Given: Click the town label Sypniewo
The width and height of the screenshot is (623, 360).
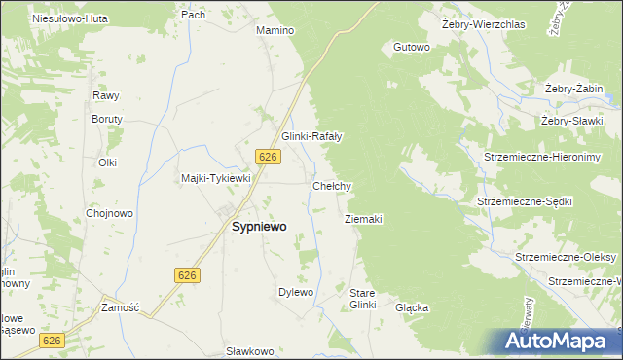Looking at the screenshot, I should (x=258, y=226).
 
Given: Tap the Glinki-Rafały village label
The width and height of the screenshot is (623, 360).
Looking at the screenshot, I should (x=311, y=136).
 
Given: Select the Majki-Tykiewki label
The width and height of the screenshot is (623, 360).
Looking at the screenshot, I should (x=216, y=178).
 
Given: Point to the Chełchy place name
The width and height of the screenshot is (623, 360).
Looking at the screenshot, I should (x=331, y=185).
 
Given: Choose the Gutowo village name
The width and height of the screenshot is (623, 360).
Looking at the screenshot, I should (x=411, y=47).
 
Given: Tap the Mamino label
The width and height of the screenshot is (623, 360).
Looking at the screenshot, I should (x=275, y=30).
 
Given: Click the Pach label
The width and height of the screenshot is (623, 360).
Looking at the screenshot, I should (x=193, y=15).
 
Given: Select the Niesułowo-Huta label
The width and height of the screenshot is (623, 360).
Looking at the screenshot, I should (x=69, y=18).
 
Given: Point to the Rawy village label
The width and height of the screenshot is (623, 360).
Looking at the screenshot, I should (x=105, y=95).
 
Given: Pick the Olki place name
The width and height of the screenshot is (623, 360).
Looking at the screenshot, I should (x=107, y=162).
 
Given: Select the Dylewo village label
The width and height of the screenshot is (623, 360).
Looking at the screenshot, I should (x=296, y=292).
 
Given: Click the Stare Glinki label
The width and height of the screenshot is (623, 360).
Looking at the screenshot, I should (x=362, y=299).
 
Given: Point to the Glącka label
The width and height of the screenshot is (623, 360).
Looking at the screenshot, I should (x=412, y=307).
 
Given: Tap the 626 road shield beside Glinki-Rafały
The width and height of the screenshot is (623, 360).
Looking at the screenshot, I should (x=270, y=157).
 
